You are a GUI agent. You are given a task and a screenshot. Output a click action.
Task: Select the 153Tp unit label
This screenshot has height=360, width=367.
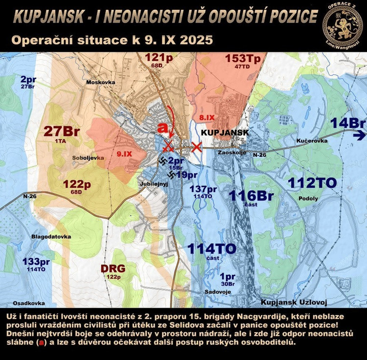tap(243, 58)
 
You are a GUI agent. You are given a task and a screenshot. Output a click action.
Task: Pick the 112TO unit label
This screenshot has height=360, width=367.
tap(312, 183)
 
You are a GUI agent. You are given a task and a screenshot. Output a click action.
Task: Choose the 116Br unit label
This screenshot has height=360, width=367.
tap(252, 196)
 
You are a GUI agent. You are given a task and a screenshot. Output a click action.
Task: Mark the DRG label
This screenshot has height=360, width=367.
tap(114, 268)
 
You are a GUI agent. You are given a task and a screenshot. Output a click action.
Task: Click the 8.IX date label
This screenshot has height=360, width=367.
tap(207, 117)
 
